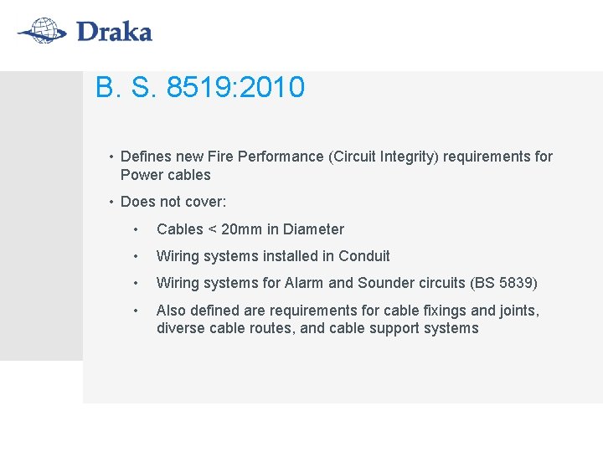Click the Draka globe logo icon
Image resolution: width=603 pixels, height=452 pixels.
[42, 31]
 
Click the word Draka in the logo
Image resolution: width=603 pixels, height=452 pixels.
[114, 33]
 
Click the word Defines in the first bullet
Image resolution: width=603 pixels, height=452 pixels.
[146, 157]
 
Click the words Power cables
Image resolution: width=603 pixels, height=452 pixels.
[165, 175]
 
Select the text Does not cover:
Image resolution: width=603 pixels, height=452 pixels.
[173, 202]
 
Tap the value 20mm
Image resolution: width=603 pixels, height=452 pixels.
[242, 229]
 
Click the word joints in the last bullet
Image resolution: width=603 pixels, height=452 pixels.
[517, 311]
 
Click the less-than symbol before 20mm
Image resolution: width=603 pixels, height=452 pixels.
[213, 230]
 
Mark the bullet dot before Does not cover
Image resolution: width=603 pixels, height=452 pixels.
[111, 202]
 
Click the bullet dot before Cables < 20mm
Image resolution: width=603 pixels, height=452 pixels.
[135, 229]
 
